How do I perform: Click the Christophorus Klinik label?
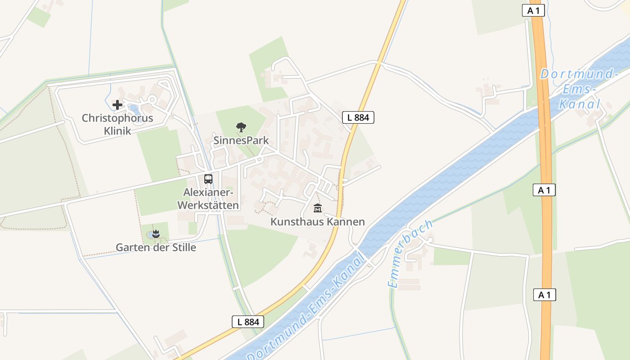point(117,125)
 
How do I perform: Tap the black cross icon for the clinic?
point(117,105)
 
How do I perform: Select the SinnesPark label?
point(241,140)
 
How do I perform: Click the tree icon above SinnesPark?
point(241,127)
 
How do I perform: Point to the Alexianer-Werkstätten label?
point(208,198)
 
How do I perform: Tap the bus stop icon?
point(208,179)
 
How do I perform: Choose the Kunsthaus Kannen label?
point(317,222)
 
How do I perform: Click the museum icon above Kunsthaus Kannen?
point(318,208)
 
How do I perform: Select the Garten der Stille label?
point(156,247)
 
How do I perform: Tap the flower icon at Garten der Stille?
point(156,234)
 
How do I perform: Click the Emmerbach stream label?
point(409,254)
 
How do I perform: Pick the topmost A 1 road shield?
point(533,11)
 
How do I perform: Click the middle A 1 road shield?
point(544,190)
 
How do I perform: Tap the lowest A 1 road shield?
point(544,295)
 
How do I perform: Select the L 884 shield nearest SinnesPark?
point(358,117)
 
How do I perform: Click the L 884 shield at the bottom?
point(248,322)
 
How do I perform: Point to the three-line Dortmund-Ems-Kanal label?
point(578,89)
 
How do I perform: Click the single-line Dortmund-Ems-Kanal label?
point(306,306)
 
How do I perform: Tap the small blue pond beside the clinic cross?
point(133,108)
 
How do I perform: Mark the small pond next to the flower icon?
point(149,235)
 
